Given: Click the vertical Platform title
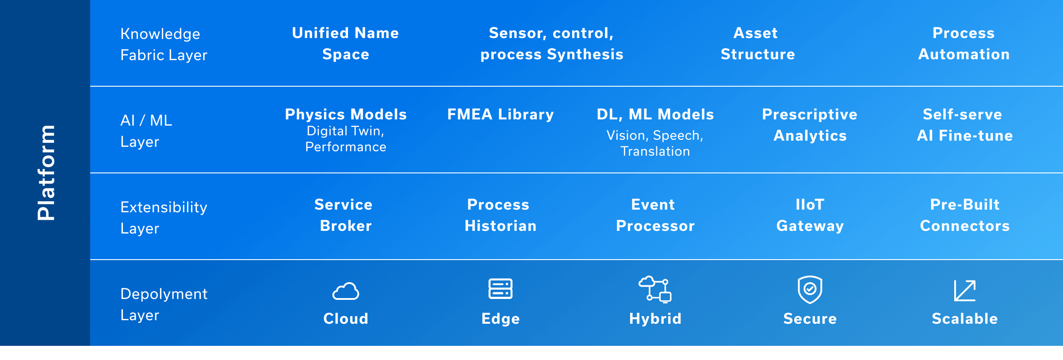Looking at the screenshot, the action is pyautogui.click(x=46, y=172).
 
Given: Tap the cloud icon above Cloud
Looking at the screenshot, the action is pyautogui.click(x=346, y=291).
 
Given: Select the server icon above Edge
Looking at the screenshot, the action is pyautogui.click(x=501, y=289).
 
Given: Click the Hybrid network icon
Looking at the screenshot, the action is pyautogui.click(x=655, y=289).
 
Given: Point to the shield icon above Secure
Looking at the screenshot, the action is pyautogui.click(x=810, y=290).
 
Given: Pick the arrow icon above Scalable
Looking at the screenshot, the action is pyautogui.click(x=965, y=291).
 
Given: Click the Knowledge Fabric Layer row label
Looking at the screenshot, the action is pyautogui.click(x=164, y=44).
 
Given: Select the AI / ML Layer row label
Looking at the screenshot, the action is pyautogui.click(x=146, y=131).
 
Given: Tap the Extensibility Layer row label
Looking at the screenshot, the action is pyautogui.click(x=164, y=218).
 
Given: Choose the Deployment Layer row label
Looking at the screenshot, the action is pyautogui.click(x=164, y=304).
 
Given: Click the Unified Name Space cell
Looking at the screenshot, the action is pyautogui.click(x=346, y=43).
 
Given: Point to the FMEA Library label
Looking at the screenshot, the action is pyautogui.click(x=501, y=114).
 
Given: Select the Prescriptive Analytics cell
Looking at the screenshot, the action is pyautogui.click(x=810, y=125).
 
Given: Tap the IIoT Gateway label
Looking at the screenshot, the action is pyautogui.click(x=810, y=215).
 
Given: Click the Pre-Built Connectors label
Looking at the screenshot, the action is pyautogui.click(x=965, y=215).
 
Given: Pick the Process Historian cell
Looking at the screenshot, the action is pyautogui.click(x=501, y=215).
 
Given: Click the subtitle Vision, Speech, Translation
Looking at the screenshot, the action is pyautogui.click(x=655, y=143).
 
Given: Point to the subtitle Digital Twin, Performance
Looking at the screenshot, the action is pyautogui.click(x=346, y=139).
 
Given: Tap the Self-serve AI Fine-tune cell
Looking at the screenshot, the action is pyautogui.click(x=965, y=125).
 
